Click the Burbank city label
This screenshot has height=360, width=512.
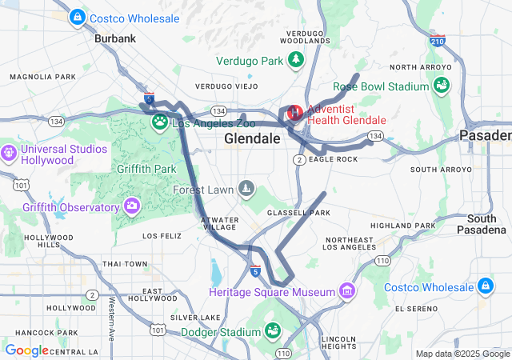pyautogui.click(x=115, y=38)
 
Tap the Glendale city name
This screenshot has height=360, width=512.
pyautogui.click(x=252, y=138)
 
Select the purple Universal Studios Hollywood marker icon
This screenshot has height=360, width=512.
pyautogui.click(x=9, y=150)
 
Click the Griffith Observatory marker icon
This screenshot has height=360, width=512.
pyautogui.click(x=131, y=208)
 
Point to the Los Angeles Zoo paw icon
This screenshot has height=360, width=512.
pyautogui.click(x=161, y=122)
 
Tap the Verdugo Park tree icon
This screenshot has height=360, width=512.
pyautogui.click(x=296, y=60)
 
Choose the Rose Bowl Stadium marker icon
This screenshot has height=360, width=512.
pyautogui.click(x=441, y=82)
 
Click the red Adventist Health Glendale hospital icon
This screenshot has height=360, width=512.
pyautogui.click(x=294, y=113)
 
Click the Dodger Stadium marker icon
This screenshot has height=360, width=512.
pyautogui.click(x=271, y=329)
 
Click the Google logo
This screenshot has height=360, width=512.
pyautogui.click(x=26, y=350)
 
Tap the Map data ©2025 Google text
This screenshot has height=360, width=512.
pyautogui.click(x=462, y=354)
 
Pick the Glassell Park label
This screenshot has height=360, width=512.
pyautogui.click(x=298, y=213)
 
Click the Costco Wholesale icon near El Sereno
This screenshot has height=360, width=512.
pyautogui.click(x=485, y=286)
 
